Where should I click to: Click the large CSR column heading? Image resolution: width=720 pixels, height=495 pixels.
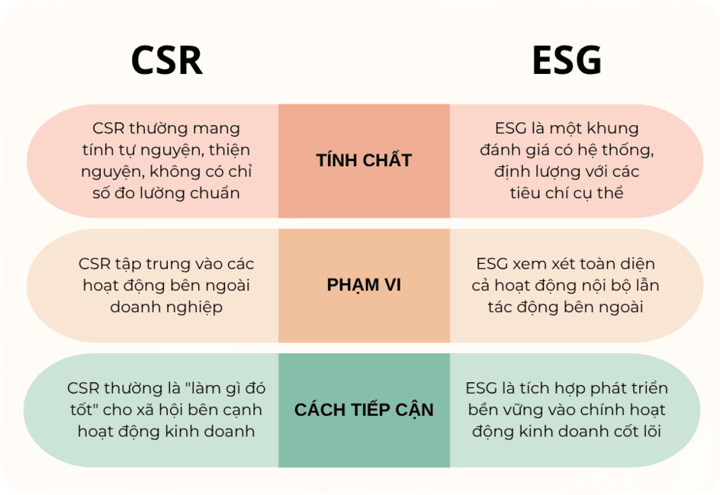167,60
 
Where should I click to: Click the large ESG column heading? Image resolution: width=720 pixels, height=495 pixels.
567,60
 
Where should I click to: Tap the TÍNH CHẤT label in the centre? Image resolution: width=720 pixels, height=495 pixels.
364,160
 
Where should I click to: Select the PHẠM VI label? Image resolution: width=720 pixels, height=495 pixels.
364,284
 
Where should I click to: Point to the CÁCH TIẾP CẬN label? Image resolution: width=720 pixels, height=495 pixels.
364,410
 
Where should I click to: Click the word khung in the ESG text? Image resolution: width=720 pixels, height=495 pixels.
613,128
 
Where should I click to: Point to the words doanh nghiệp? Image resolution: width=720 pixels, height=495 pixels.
166,307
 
